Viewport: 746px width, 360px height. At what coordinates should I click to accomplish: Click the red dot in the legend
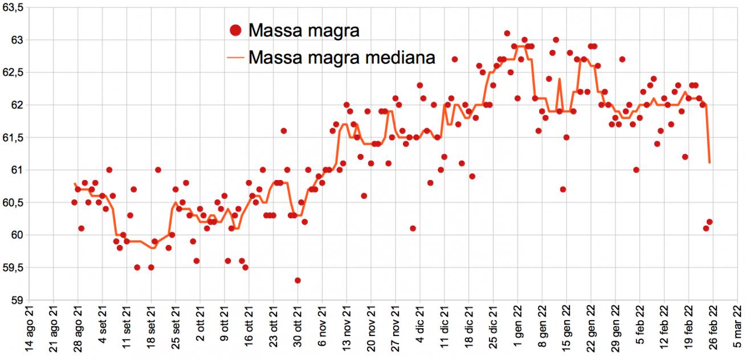point(235,31)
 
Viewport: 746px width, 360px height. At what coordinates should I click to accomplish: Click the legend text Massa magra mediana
point(342,58)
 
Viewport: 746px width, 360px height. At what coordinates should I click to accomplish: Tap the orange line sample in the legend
point(235,58)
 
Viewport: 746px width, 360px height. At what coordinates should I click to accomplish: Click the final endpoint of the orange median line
point(710,163)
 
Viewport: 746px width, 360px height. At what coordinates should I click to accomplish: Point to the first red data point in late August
point(74,202)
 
